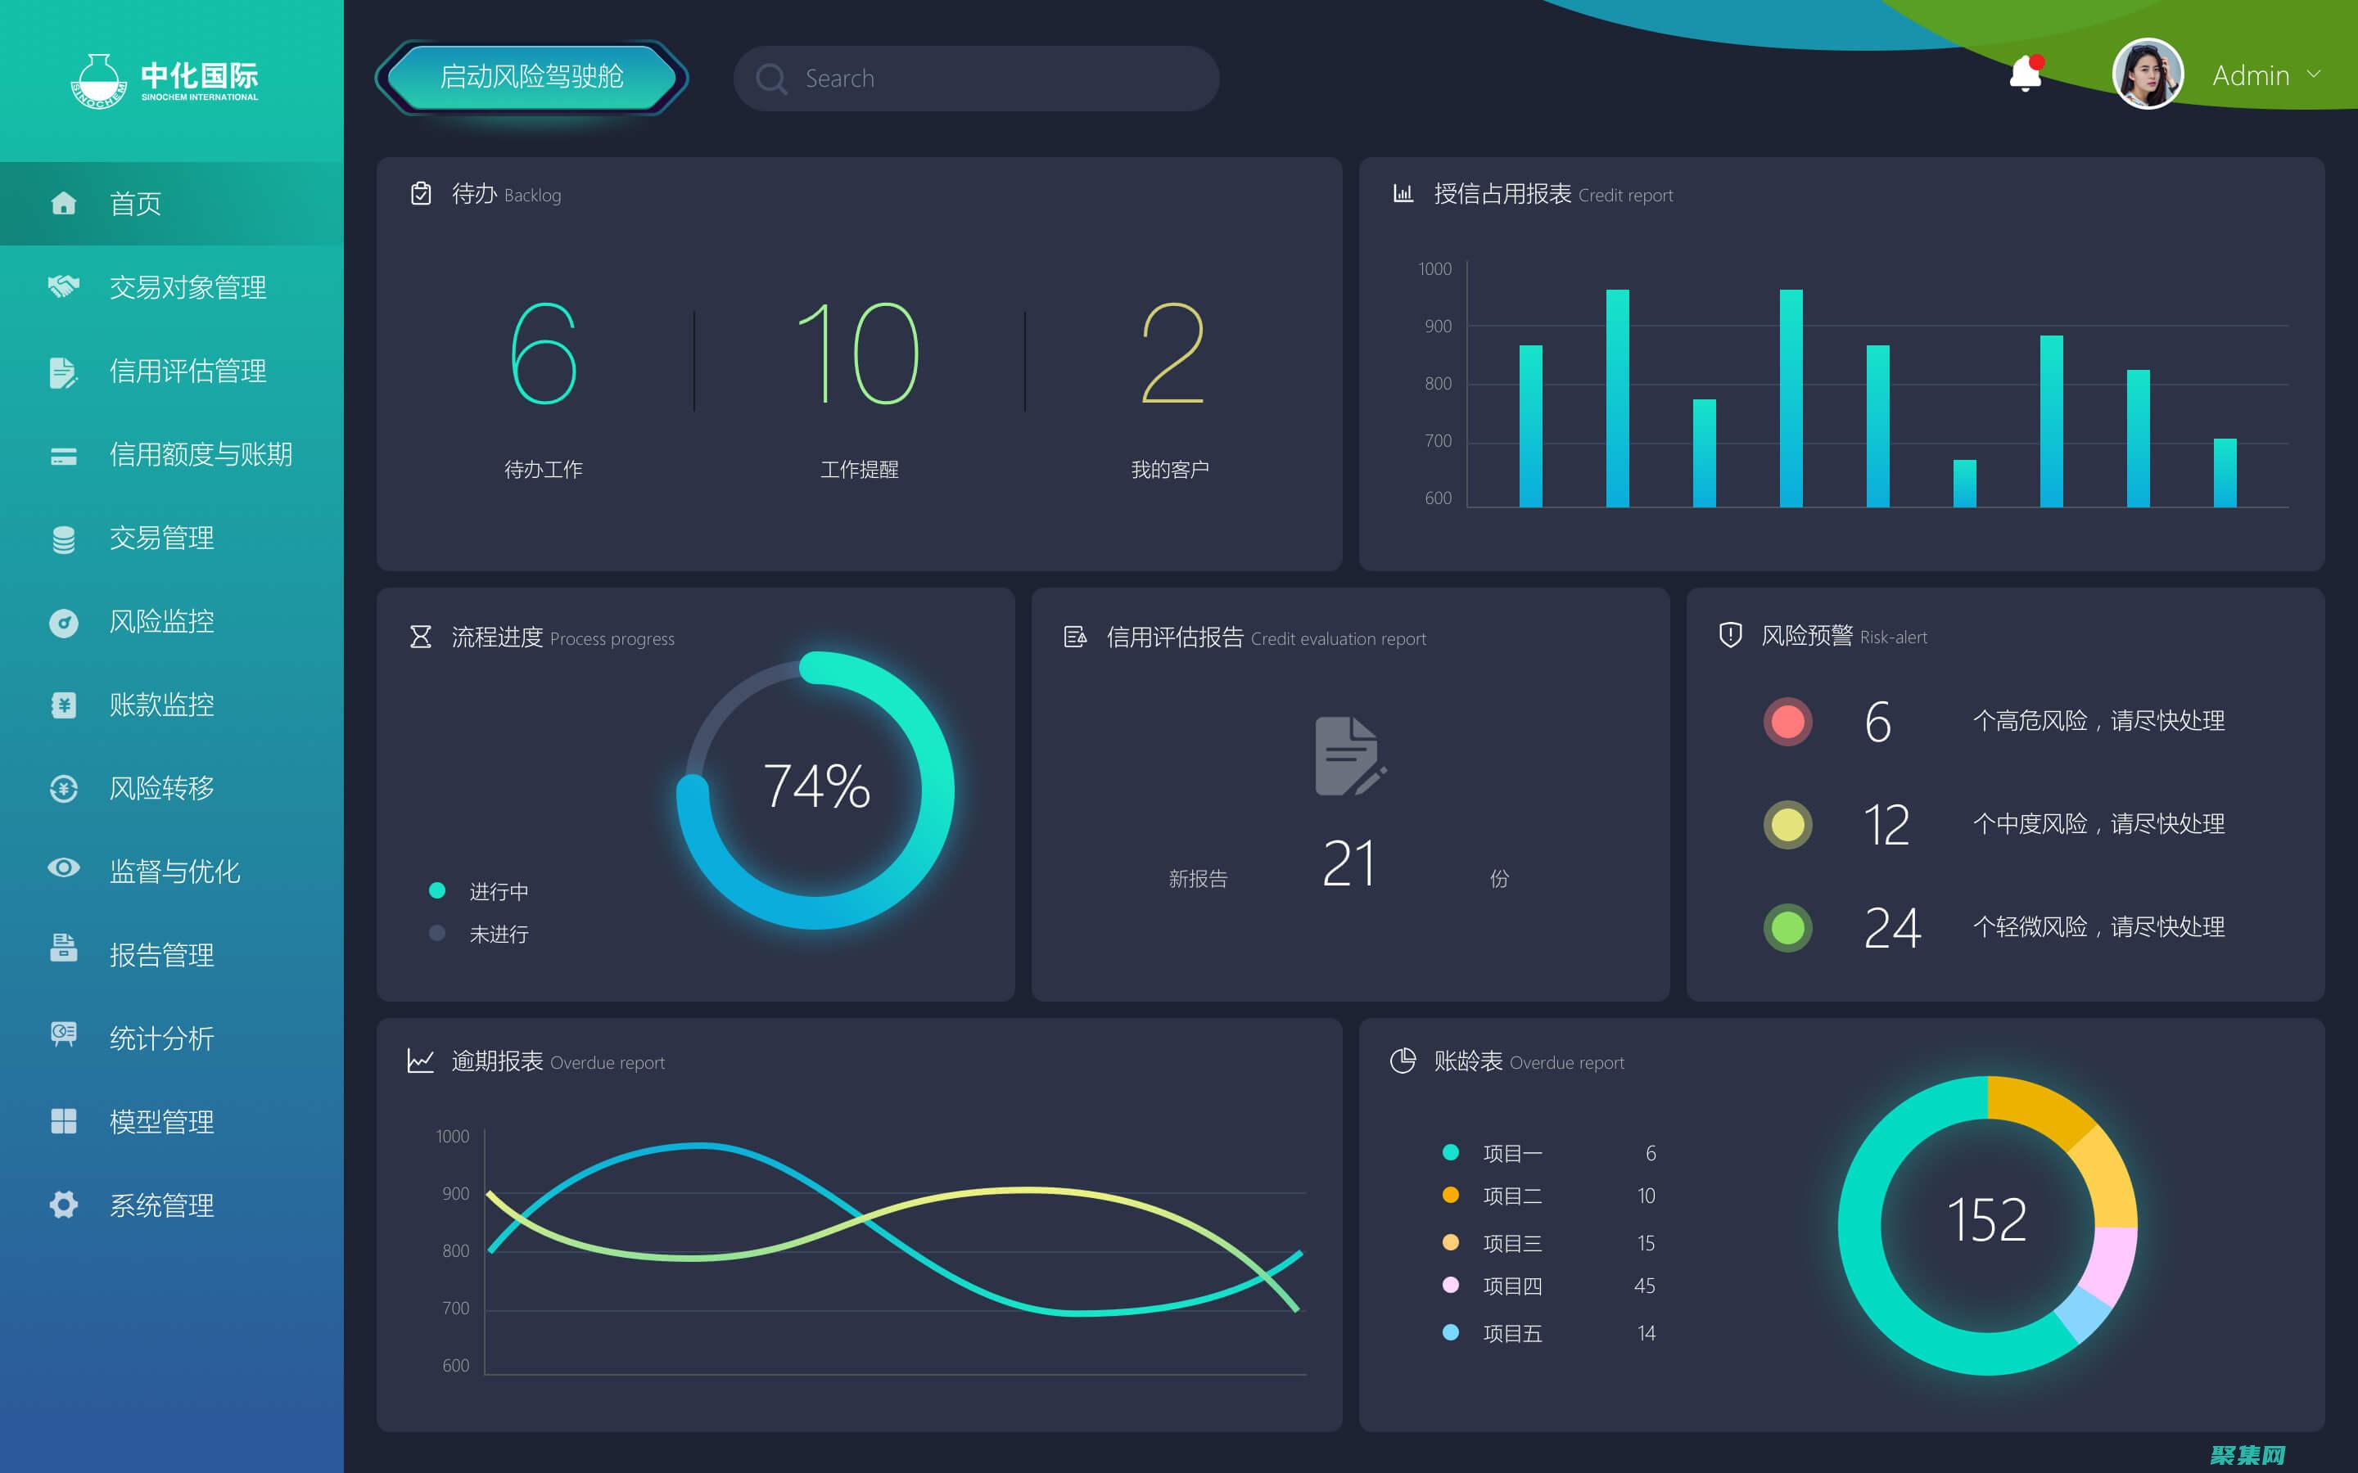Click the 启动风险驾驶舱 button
click(x=531, y=77)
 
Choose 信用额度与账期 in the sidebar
click(x=200, y=455)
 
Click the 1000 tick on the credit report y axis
click(x=1434, y=269)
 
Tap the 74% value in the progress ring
click(x=816, y=786)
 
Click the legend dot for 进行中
click(x=437, y=890)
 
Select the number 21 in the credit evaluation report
click(x=1348, y=863)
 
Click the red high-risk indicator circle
click(x=1787, y=722)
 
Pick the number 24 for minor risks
click(x=1891, y=927)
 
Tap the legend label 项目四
click(x=1512, y=1286)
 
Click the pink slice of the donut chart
click(x=2111, y=1264)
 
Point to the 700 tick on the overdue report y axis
click(x=455, y=1309)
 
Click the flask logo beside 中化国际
click(x=98, y=81)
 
